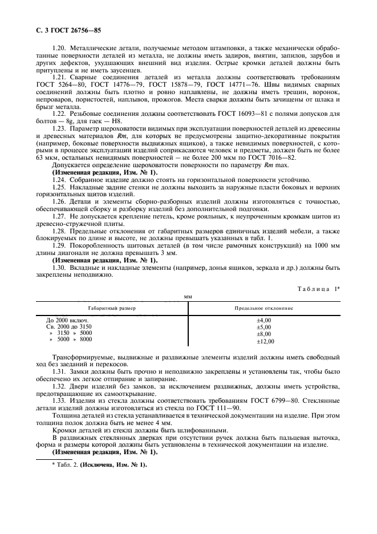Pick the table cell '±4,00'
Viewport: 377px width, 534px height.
point(264,321)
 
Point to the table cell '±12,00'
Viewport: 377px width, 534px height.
point(265,341)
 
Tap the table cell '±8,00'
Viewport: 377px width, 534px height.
point(264,334)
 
